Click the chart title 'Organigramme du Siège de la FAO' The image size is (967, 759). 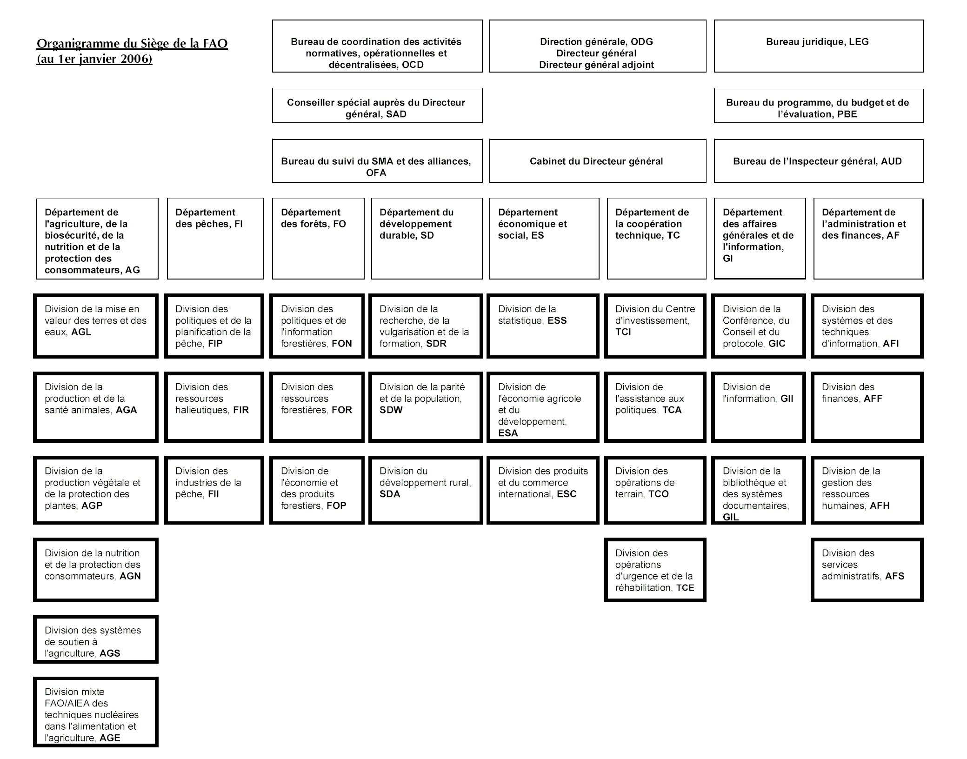(132, 44)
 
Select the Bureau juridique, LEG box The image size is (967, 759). (818, 46)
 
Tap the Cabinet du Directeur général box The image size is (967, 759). (597, 161)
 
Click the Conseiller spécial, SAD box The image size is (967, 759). (377, 107)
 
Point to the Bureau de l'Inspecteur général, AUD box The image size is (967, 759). (818, 161)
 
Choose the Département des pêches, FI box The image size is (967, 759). (215, 239)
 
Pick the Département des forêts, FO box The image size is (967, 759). (318, 239)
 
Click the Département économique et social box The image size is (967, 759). (544, 239)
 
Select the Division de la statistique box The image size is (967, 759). (543, 326)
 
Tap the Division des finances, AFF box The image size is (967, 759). (867, 407)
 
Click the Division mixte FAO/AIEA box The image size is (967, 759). (96, 712)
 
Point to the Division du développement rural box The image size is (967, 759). (426, 490)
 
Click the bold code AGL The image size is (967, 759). (81, 332)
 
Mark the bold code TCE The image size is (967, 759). (685, 588)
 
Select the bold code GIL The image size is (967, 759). (730, 517)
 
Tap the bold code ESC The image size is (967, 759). (567, 494)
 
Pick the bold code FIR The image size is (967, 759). (241, 410)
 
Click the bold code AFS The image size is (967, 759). (894, 576)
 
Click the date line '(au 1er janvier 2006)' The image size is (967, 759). (94, 60)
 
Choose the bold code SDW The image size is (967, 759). (391, 410)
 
